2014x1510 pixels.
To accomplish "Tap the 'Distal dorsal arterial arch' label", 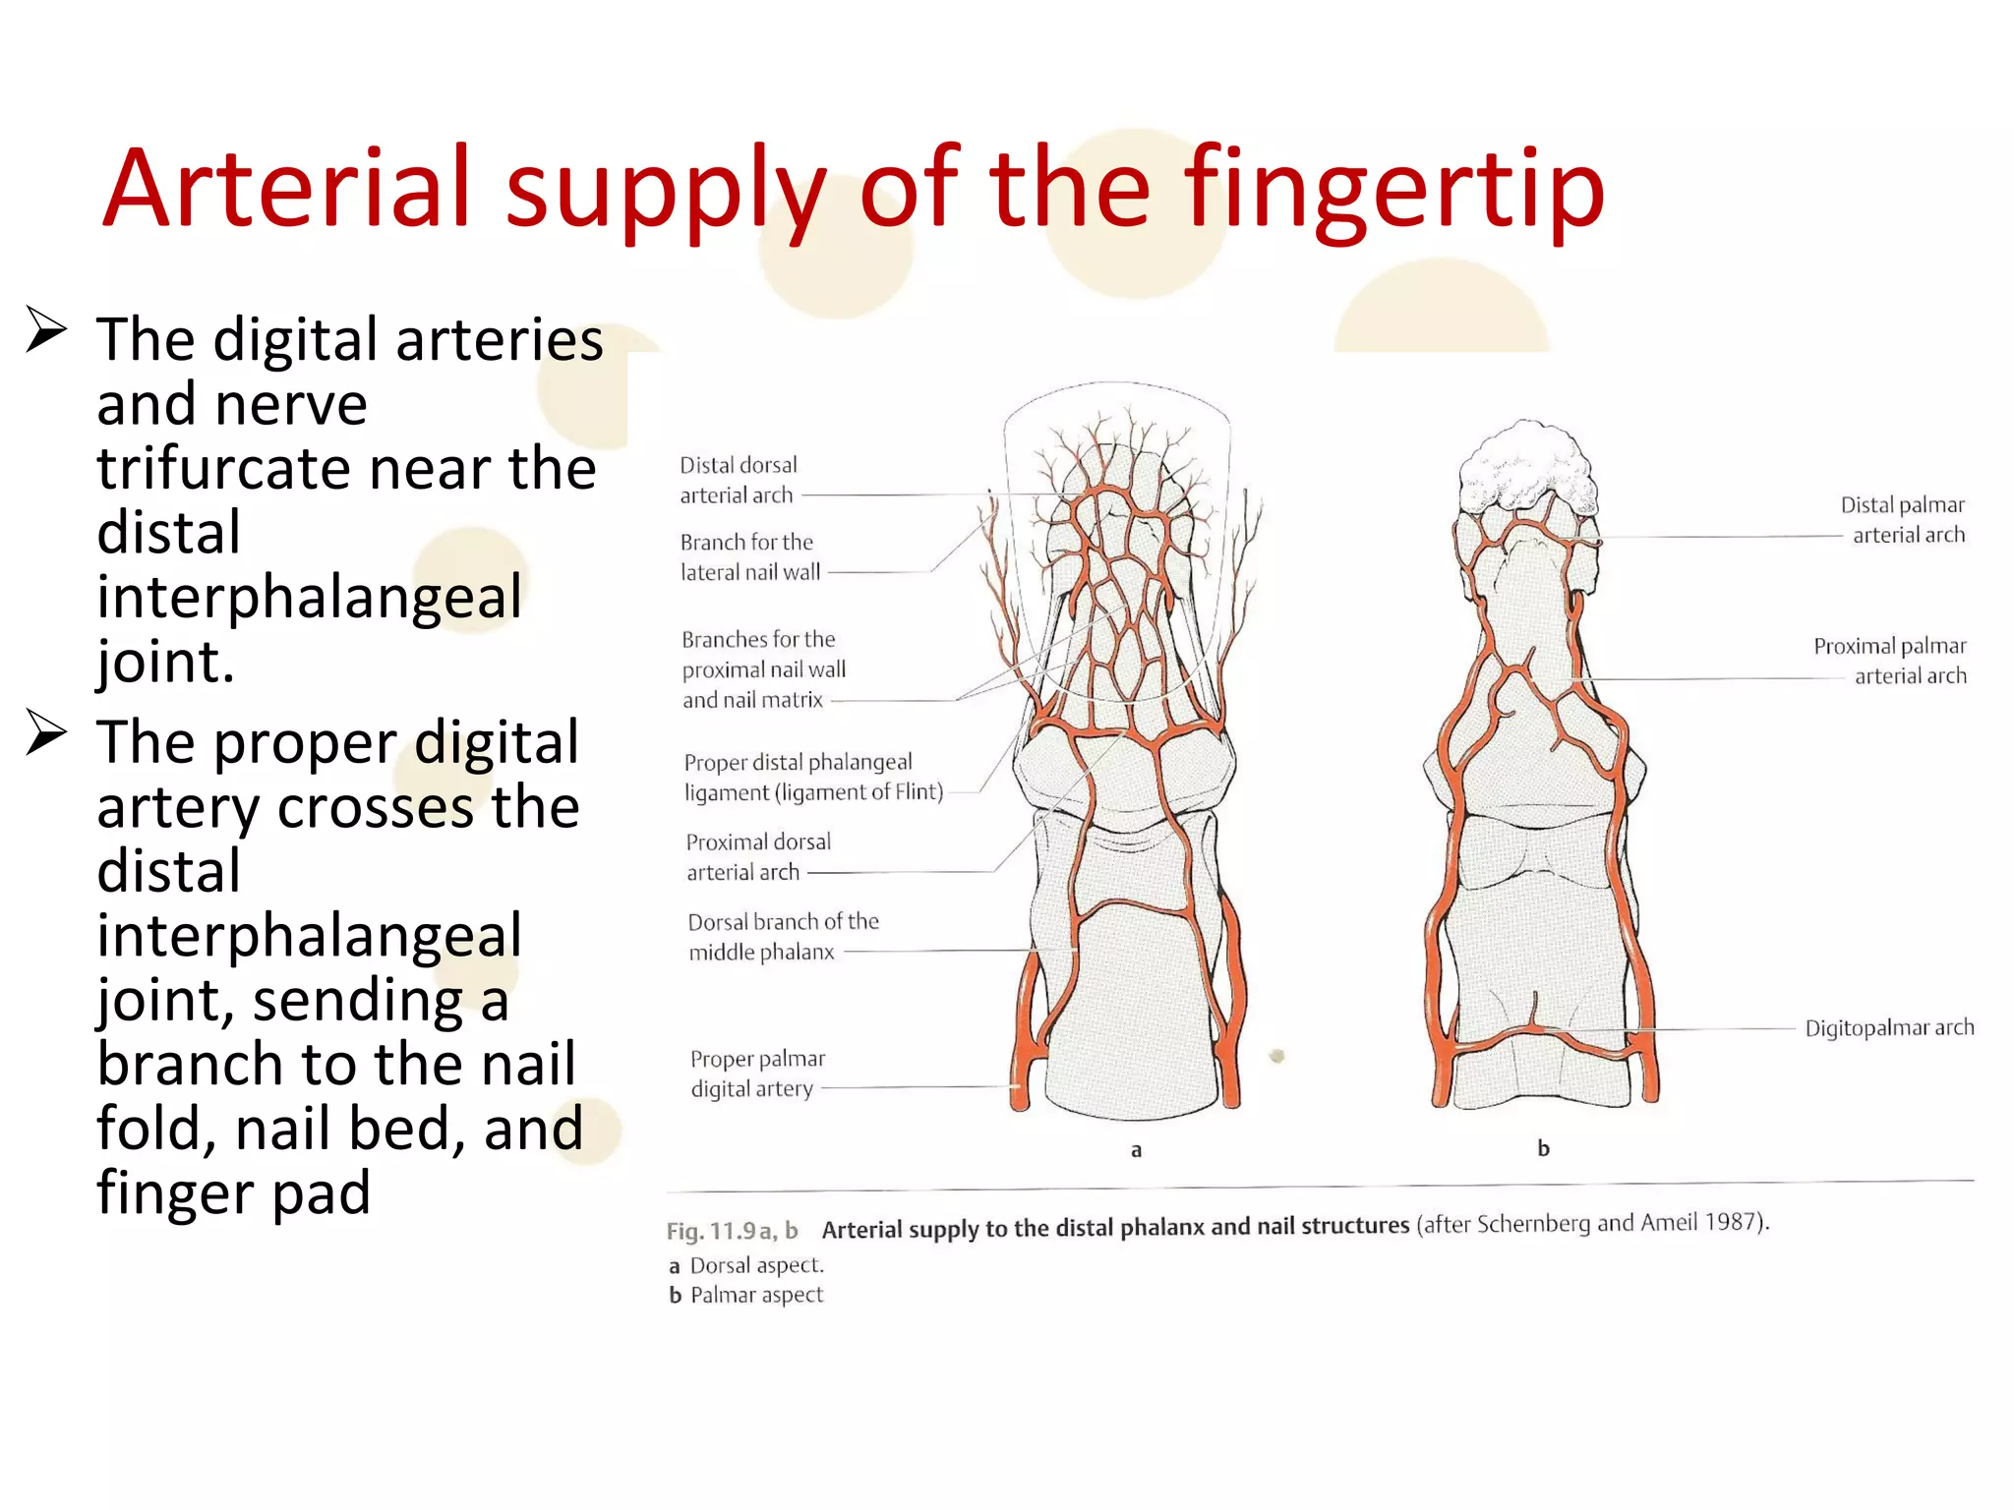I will [738, 480].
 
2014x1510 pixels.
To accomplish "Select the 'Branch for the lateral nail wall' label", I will [749, 556].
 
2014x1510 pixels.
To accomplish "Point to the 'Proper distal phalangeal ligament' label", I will [812, 777].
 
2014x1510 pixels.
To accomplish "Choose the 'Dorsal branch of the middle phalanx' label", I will [783, 936].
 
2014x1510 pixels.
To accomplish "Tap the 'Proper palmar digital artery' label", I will [756, 1074].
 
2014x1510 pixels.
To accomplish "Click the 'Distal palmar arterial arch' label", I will [1902, 519].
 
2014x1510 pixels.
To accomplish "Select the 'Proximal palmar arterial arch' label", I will [1889, 661].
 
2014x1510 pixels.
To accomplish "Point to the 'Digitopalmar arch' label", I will [1888, 1027].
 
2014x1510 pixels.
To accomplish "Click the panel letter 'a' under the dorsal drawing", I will [1136, 1149].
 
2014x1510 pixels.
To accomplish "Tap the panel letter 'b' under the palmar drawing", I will [1543, 1148].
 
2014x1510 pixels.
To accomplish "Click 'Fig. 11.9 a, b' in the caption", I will [732, 1230].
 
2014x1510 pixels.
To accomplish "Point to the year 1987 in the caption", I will [1732, 1222].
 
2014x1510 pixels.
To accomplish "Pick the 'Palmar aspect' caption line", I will [755, 1295].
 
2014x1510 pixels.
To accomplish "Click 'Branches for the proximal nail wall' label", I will [763, 669].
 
